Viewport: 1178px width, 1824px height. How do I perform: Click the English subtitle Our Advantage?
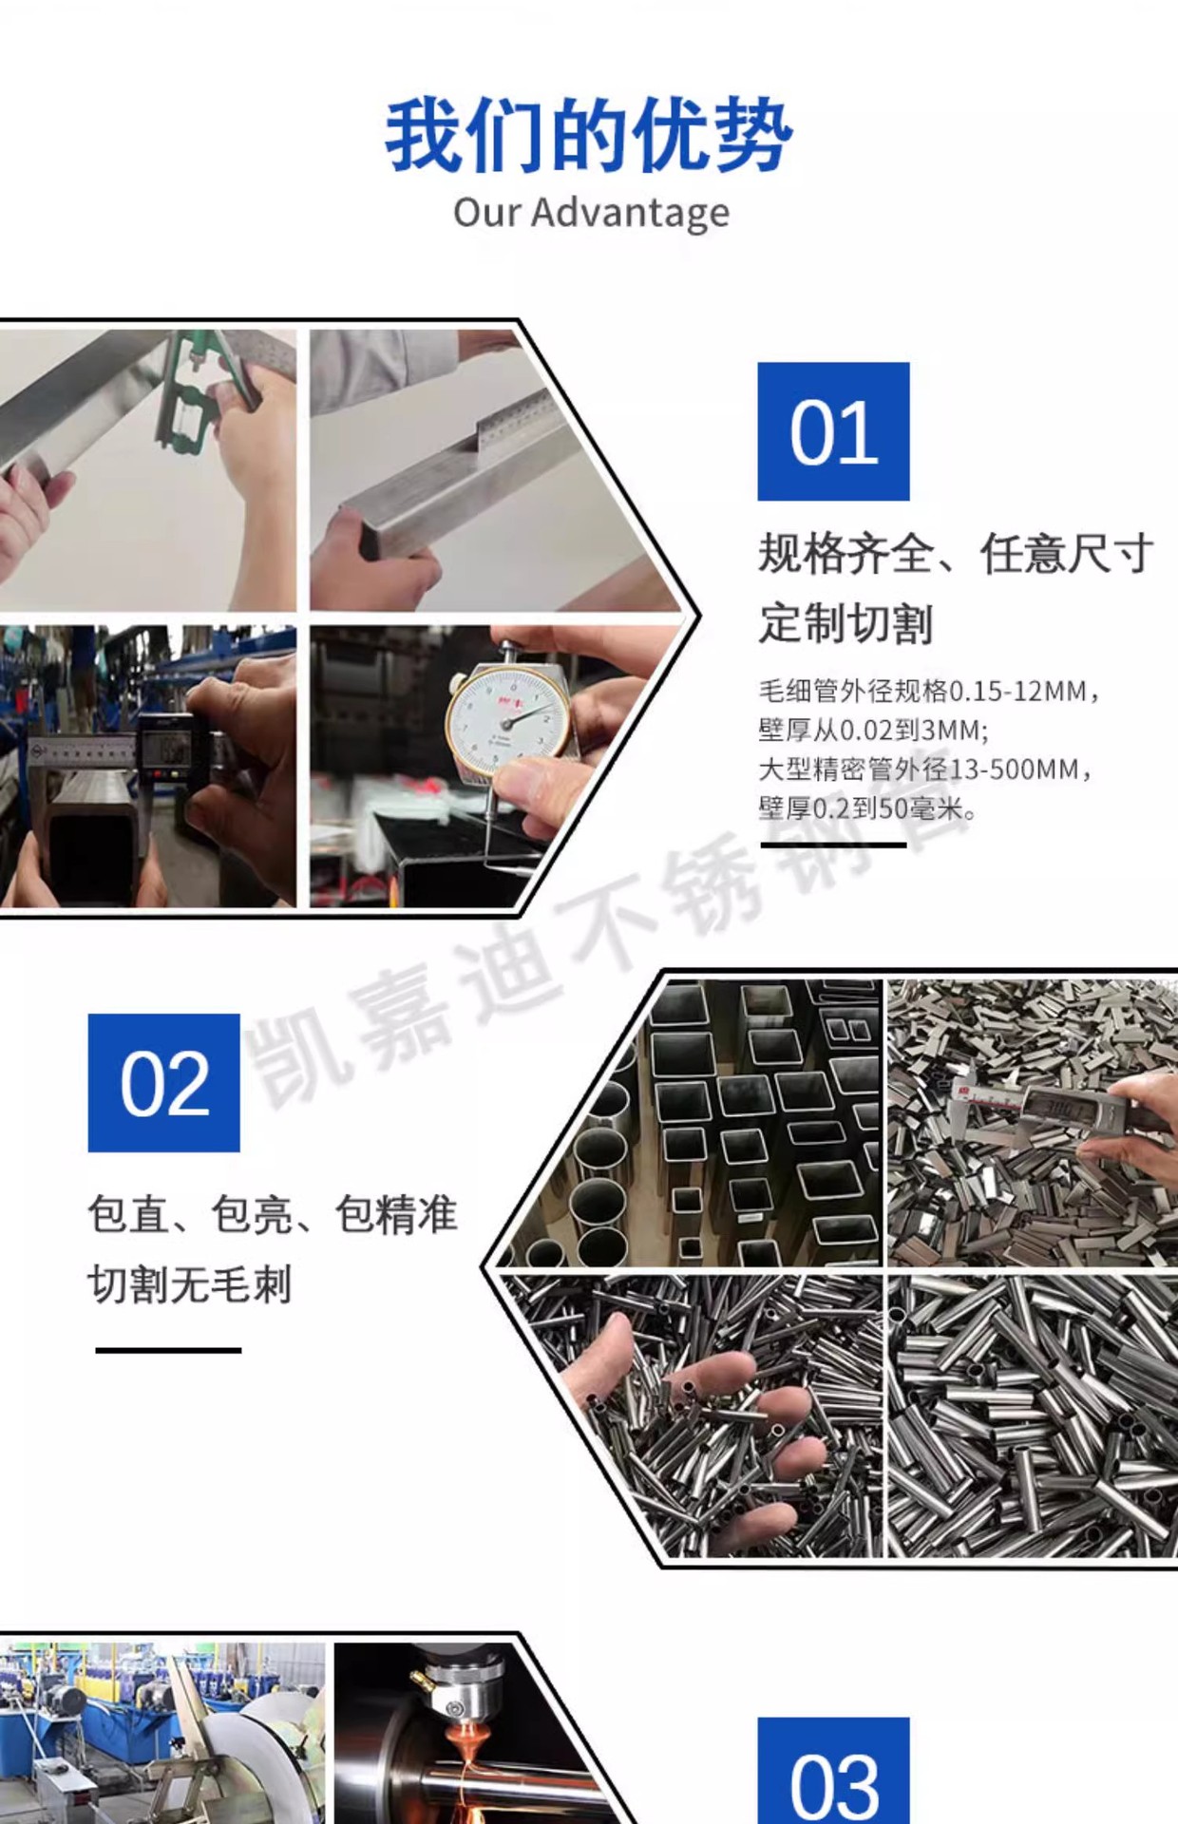[x=591, y=213]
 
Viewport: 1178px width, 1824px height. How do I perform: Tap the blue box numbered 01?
[x=833, y=431]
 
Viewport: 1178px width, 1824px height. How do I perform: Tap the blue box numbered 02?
[x=163, y=1083]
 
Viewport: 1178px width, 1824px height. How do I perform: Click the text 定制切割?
[x=845, y=624]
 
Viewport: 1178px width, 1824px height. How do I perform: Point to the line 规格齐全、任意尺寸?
[x=955, y=554]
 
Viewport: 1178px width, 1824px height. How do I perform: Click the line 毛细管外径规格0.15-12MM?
[x=928, y=691]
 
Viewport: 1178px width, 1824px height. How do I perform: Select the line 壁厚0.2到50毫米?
[x=866, y=809]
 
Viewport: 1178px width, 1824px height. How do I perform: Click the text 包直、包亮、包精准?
[x=272, y=1215]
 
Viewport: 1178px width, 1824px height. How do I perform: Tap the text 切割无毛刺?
[x=189, y=1285]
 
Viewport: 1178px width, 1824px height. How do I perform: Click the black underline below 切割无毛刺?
[x=168, y=1350]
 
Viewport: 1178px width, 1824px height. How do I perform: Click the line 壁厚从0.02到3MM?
[x=873, y=731]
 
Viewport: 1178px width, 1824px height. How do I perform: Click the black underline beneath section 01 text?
[x=833, y=844]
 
